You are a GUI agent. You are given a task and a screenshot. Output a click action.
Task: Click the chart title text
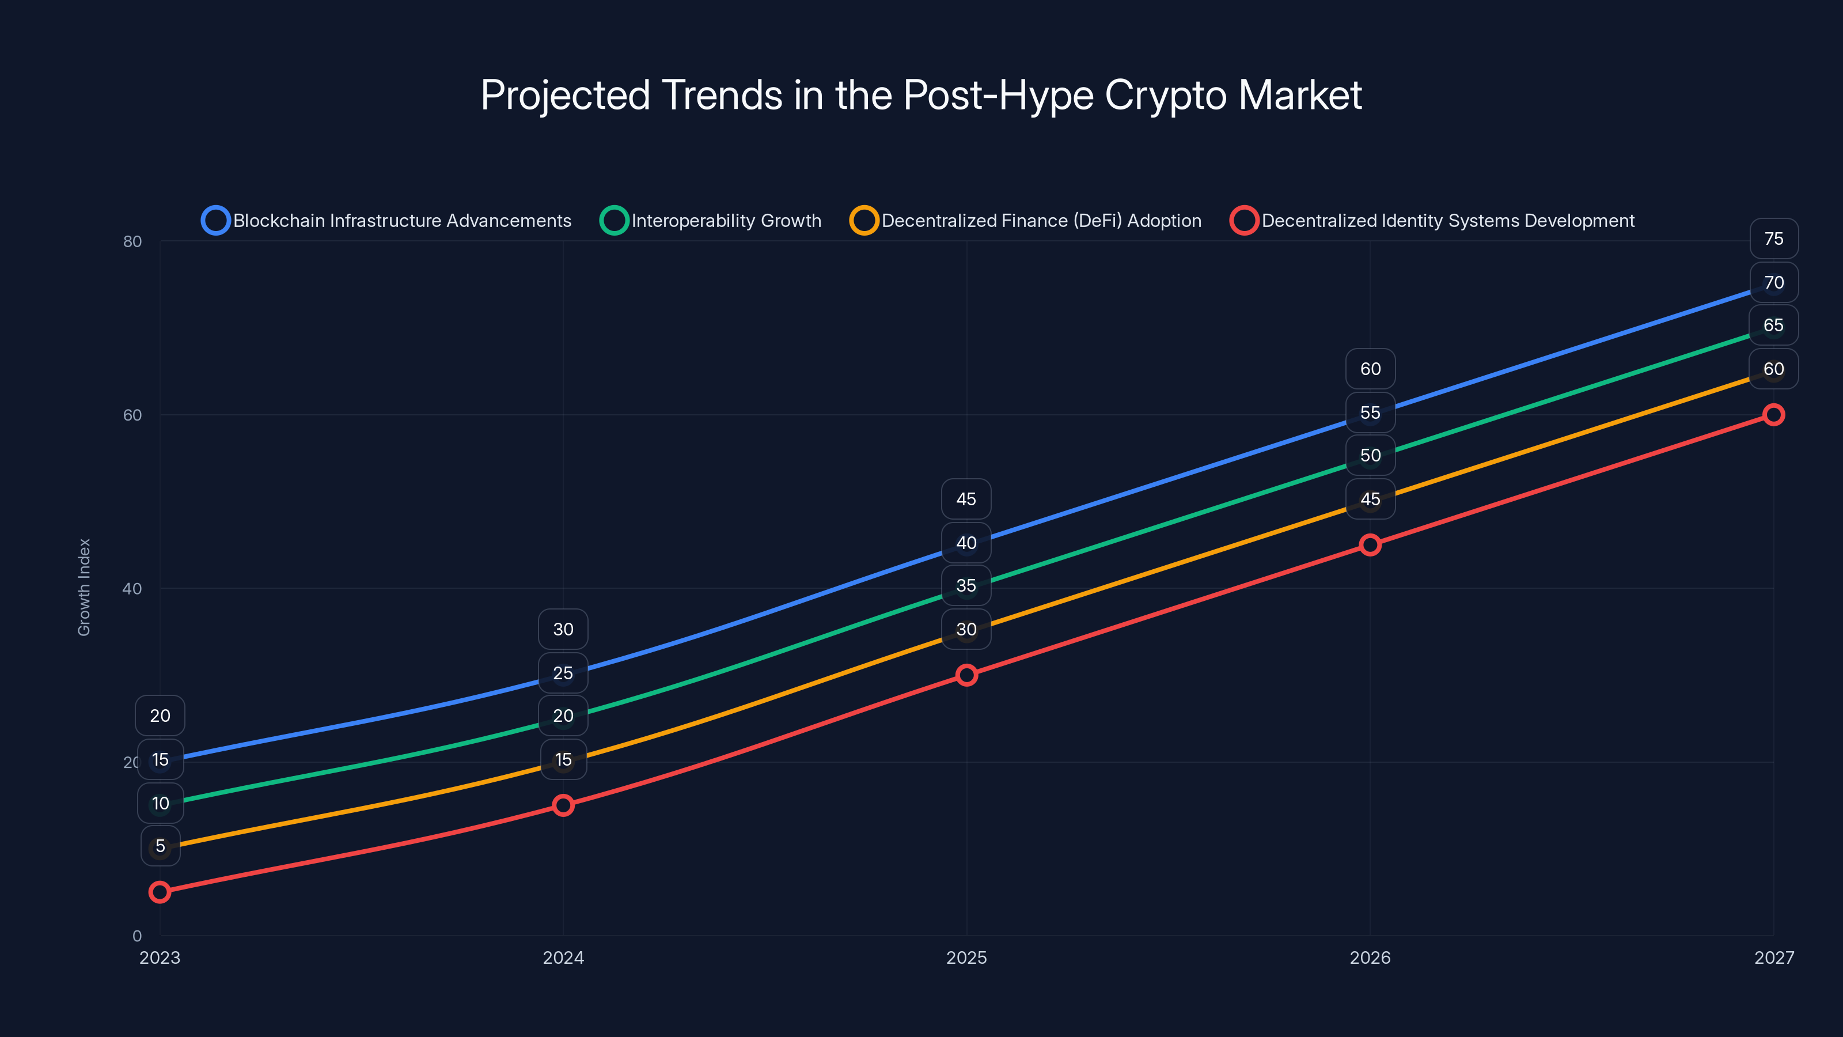point(921,95)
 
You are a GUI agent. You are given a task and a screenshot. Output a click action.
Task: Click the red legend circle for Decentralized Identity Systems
point(1244,221)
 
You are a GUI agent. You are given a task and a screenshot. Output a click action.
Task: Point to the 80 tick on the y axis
point(132,241)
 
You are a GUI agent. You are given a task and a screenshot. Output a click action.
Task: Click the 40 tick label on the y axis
point(132,588)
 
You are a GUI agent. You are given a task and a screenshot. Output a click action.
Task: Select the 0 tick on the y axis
point(136,936)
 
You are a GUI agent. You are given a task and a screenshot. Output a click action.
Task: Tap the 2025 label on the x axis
point(966,957)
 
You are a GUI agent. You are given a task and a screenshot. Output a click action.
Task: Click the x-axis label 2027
point(1774,957)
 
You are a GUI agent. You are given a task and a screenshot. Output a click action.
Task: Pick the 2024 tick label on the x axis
point(563,957)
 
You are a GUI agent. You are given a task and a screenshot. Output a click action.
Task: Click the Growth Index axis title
point(85,587)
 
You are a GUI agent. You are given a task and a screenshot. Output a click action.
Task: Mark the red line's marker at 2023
point(160,892)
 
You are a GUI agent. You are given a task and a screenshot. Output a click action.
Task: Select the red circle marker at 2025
point(966,675)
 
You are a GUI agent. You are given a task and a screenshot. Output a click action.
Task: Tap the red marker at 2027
point(1774,414)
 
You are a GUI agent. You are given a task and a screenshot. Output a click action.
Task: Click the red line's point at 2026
point(1370,544)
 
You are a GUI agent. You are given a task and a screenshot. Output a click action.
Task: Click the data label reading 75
point(1774,239)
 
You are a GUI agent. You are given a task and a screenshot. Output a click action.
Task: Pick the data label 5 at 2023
point(160,846)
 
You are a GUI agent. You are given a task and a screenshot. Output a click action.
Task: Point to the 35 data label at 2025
point(966,585)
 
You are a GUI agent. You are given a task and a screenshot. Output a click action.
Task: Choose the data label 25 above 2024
point(563,673)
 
